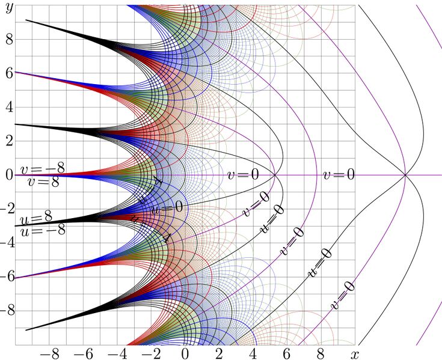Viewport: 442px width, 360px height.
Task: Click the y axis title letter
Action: click(8, 8)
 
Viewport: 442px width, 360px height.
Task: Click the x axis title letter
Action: click(355, 353)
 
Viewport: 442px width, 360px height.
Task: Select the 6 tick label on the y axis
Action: click(9, 73)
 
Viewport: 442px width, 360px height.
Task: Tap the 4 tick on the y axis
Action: click(9, 107)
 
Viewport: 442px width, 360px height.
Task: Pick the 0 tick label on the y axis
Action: click(9, 175)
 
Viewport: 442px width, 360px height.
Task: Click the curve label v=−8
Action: click(43, 168)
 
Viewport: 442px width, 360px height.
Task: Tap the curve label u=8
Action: click(36, 218)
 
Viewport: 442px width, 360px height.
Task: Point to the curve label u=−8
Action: click(43, 231)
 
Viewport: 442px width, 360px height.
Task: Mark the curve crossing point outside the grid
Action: click(405, 175)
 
